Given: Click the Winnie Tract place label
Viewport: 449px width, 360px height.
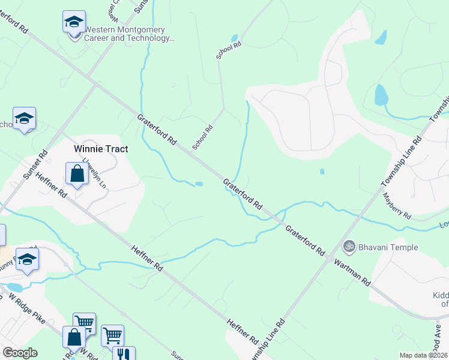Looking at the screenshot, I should point(101,149).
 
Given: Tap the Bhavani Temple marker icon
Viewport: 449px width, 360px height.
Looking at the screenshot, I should point(348,246).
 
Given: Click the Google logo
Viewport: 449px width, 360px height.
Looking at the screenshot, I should point(20,353).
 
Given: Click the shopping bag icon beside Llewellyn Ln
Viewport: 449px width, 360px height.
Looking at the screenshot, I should point(77,175).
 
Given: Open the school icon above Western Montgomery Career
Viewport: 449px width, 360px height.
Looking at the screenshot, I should point(74,22).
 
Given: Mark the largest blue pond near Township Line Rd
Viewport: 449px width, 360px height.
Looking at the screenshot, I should point(381,95).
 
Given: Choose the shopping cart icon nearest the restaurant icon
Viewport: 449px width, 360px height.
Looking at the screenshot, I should point(112,335).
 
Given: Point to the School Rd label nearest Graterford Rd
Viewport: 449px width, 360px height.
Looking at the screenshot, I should point(203,137).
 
